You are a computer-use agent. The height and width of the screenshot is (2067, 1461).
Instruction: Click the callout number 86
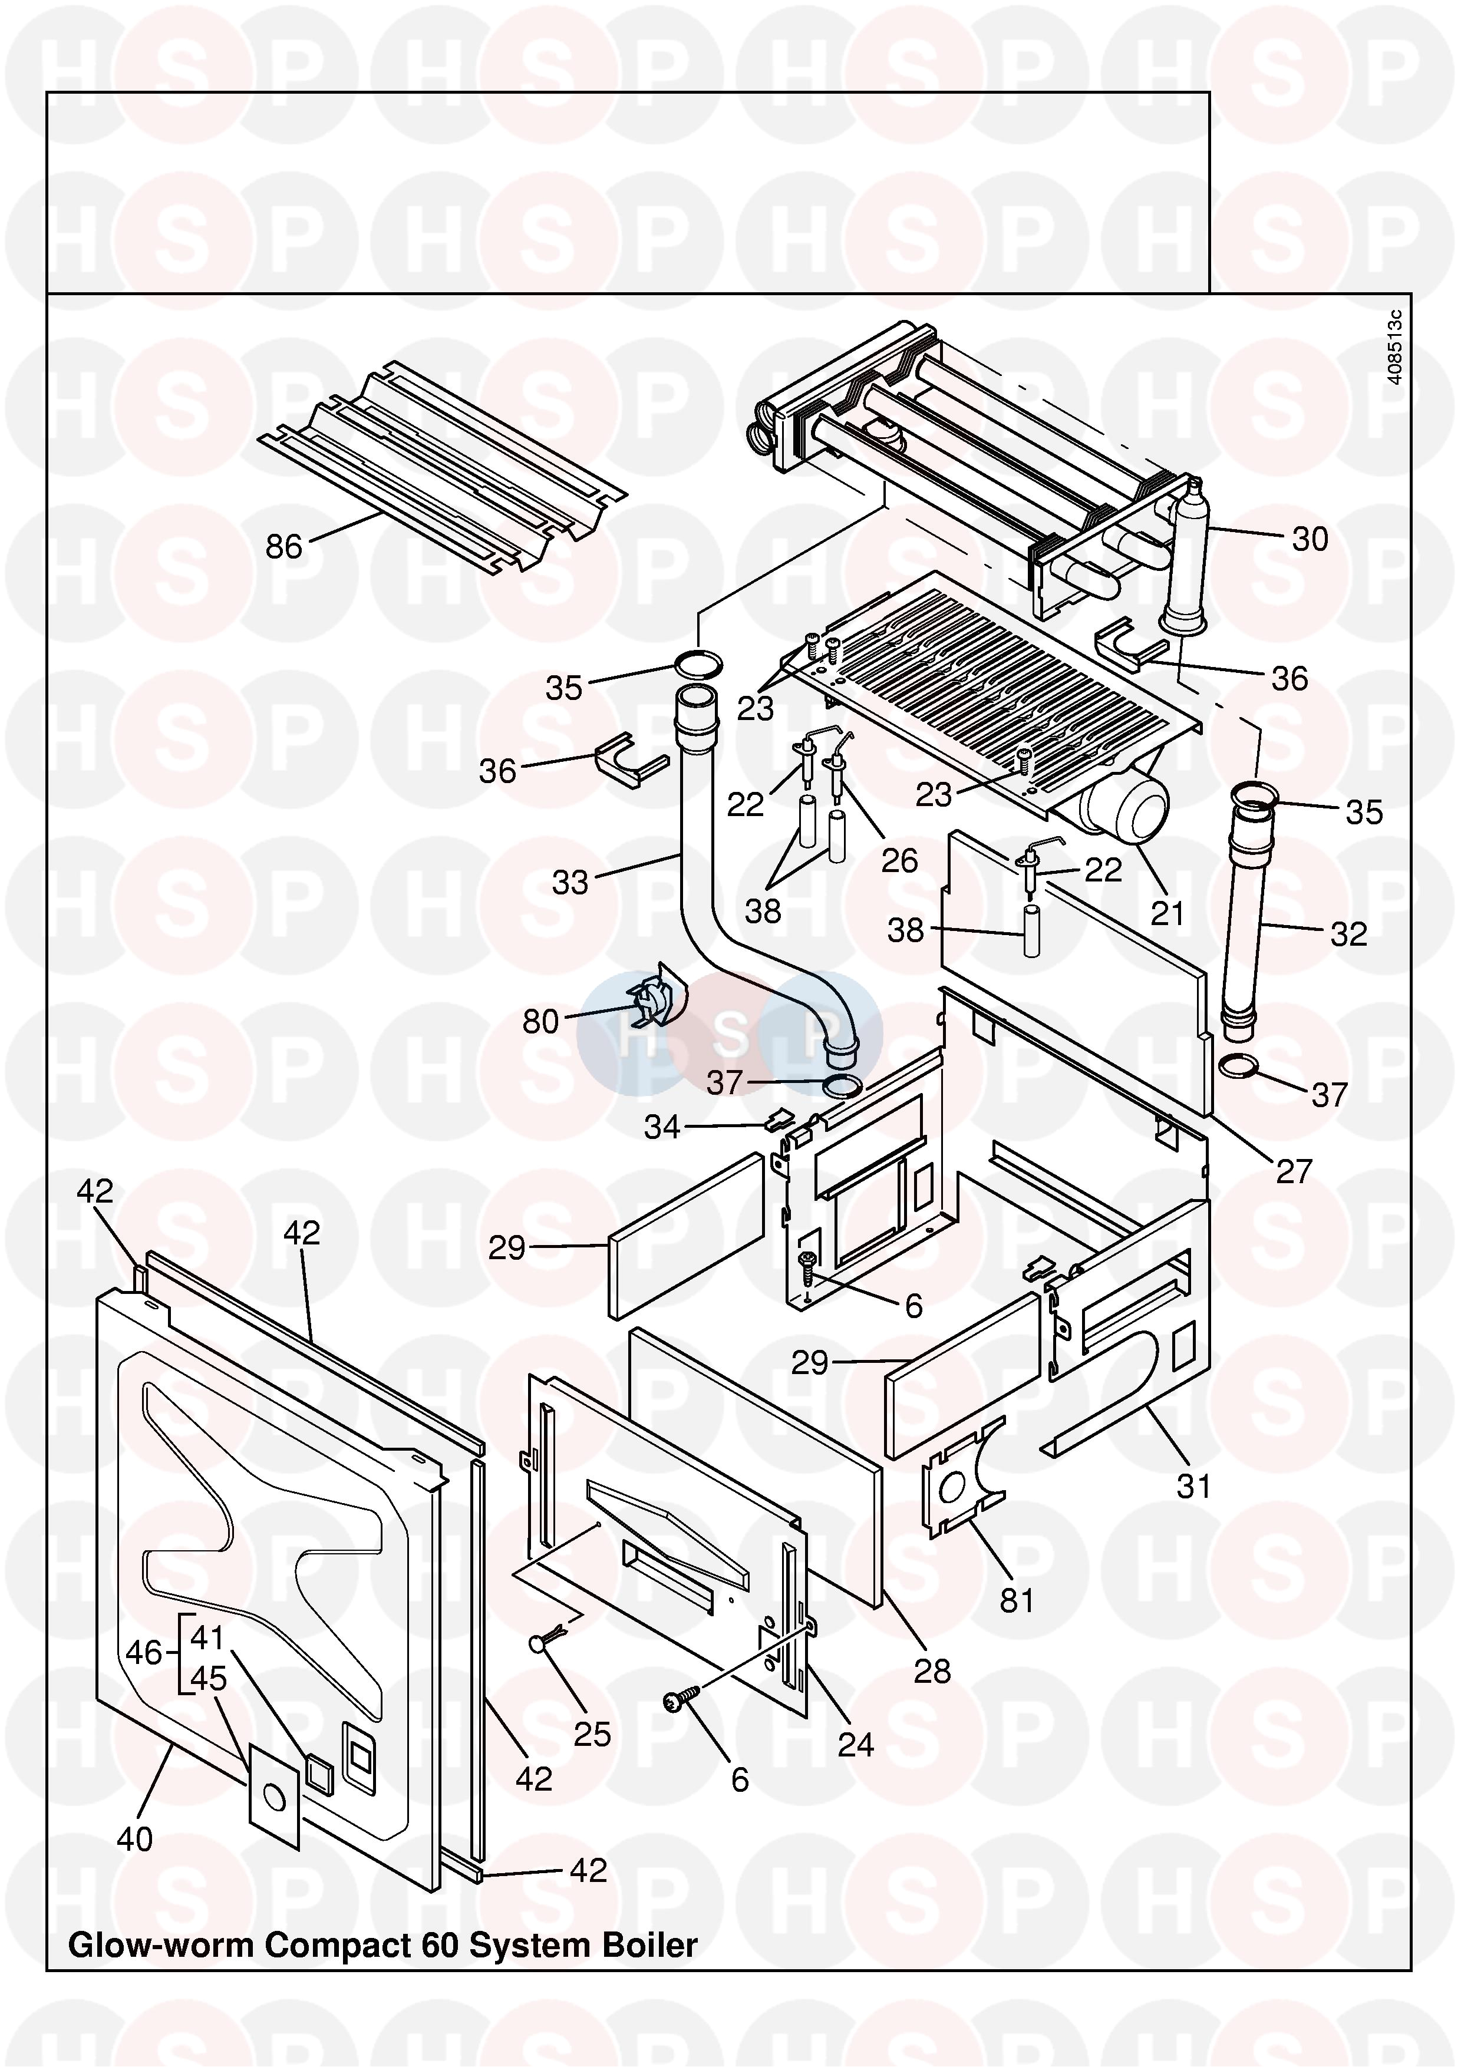pos(283,546)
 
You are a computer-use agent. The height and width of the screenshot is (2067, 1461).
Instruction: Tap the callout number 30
pos(1310,539)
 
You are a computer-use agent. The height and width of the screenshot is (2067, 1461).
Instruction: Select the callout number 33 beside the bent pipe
pos(570,882)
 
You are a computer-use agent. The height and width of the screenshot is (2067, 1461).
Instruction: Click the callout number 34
pos(662,1127)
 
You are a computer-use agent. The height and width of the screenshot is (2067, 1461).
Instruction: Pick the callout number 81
pos(1017,1601)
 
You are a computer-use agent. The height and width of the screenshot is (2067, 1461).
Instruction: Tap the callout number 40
pos(135,1838)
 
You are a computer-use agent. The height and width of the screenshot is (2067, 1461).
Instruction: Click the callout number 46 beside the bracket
pos(143,1653)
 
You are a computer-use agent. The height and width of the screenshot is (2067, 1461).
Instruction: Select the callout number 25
pos(592,1735)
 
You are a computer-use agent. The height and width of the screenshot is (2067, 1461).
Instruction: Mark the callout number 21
pos(1168,913)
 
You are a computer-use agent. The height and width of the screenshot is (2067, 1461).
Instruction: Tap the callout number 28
pos(932,1672)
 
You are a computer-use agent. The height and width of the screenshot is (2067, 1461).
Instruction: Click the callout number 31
pos(1193,1487)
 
